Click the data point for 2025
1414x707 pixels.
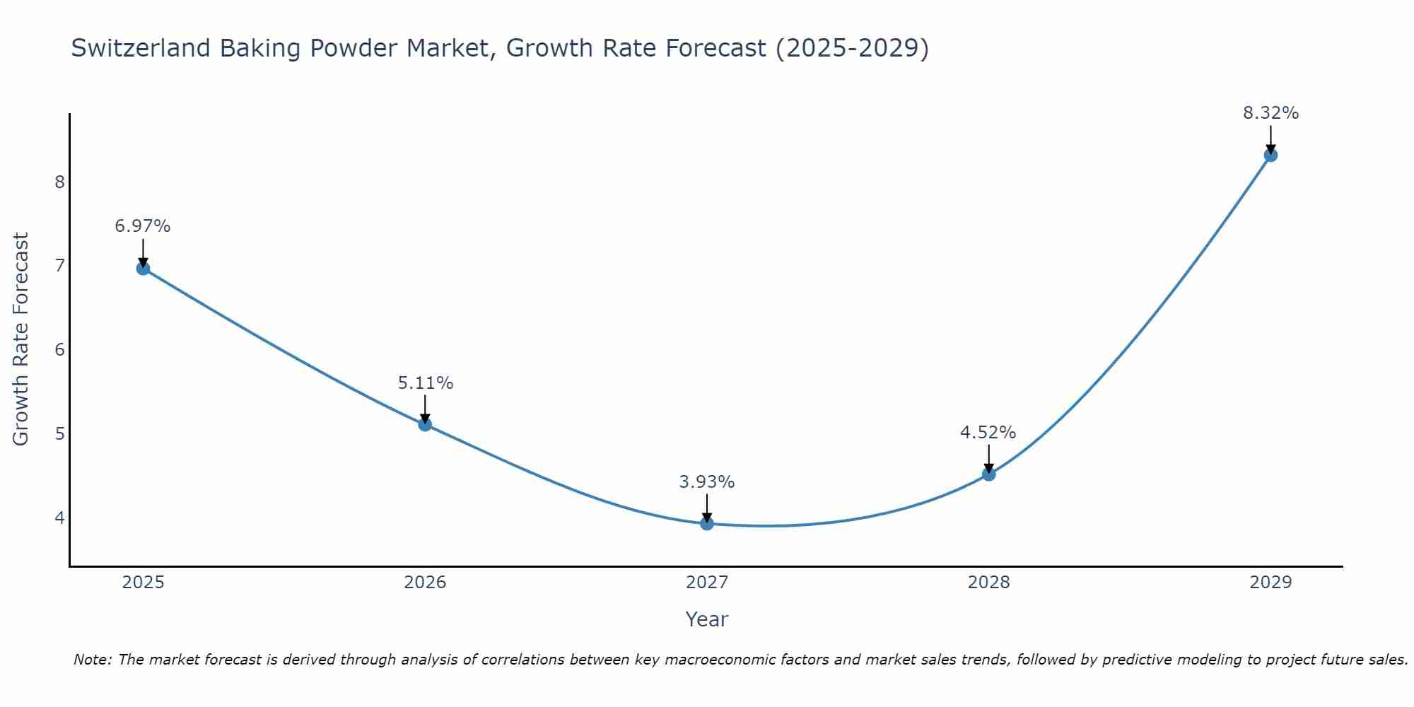pos(143,269)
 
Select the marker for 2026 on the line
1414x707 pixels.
pos(425,424)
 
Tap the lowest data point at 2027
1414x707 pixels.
pos(707,523)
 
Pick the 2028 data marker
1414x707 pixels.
pos(989,474)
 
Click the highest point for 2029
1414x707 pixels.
pos(1270,156)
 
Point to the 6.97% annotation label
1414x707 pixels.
pos(143,226)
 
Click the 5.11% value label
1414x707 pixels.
pos(425,382)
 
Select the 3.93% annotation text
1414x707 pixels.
pos(707,481)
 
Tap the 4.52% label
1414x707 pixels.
pos(988,432)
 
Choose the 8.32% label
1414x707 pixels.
pos(1270,113)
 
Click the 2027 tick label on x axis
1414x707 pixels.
pos(707,583)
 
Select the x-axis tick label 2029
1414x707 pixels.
pos(1270,583)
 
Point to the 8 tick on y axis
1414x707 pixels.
pos(59,182)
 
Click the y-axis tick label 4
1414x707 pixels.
pos(59,518)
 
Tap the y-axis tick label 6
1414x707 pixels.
pos(59,350)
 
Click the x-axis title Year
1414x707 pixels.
pos(707,619)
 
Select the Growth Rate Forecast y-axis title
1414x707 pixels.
pos(21,339)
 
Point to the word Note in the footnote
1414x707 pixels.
pos(92,660)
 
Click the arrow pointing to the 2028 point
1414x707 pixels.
pos(989,458)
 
